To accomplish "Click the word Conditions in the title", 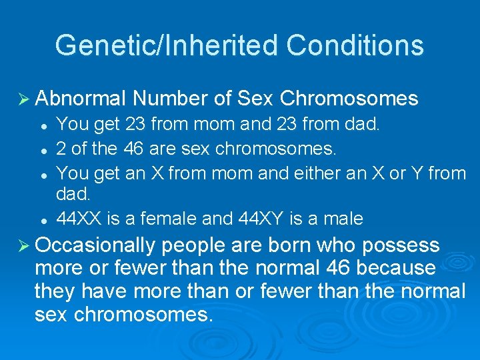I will [x=355, y=46].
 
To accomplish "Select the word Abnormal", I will [x=81, y=99].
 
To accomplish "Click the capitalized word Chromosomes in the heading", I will [x=349, y=99].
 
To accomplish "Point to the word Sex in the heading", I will [x=255, y=99].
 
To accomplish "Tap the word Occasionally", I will [x=94, y=245].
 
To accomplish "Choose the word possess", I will [x=401, y=245].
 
